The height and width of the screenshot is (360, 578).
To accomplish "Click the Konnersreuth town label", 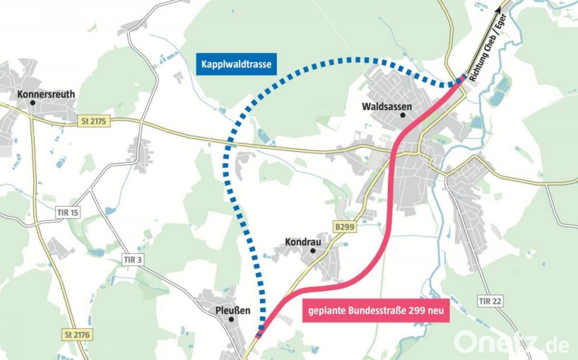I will [46, 94].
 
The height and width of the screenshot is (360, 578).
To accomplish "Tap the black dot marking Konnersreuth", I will [33, 103].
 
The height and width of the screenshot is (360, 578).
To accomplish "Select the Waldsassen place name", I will [387, 106].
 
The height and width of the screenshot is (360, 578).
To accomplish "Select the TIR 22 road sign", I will [491, 300].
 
